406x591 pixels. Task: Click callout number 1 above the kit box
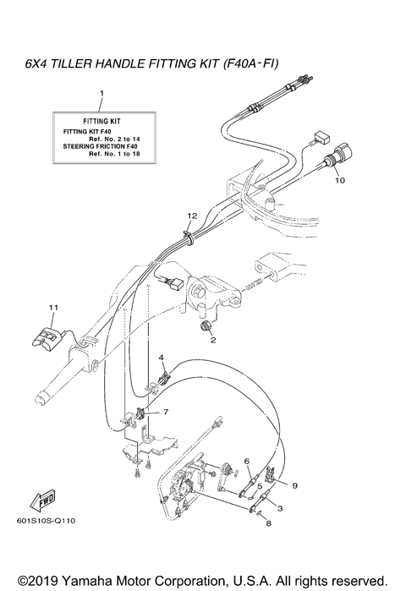tap(101, 91)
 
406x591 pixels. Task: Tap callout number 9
tap(295, 485)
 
